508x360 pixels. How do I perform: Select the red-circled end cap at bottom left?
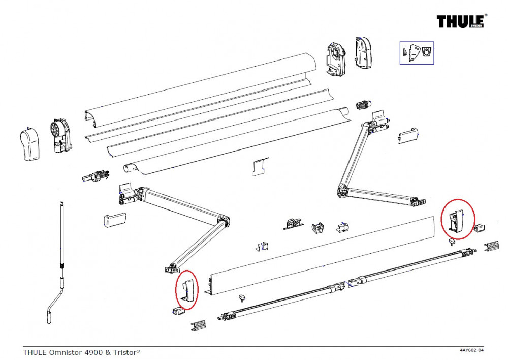[x=186, y=289]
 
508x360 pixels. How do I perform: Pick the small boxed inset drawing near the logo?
[x=416, y=52]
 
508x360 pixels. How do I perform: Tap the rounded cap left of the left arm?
[x=114, y=220]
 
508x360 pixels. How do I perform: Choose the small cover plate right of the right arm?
[x=408, y=135]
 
